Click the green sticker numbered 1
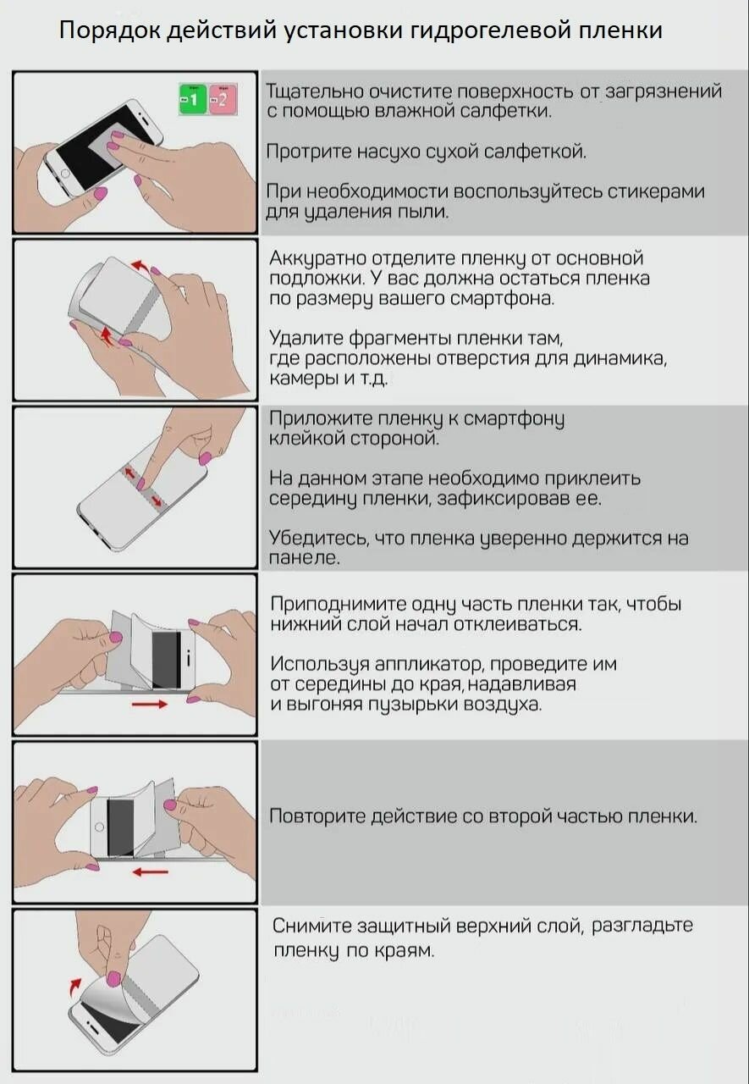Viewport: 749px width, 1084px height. tap(193, 99)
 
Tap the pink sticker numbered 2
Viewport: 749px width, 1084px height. tap(223, 99)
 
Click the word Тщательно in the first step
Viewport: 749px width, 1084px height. tap(315, 91)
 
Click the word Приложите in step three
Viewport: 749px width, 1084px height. tap(320, 418)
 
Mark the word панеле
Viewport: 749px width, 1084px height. tap(304, 558)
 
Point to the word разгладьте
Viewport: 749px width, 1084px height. tap(642, 926)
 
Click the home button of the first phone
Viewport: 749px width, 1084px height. tap(65, 174)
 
